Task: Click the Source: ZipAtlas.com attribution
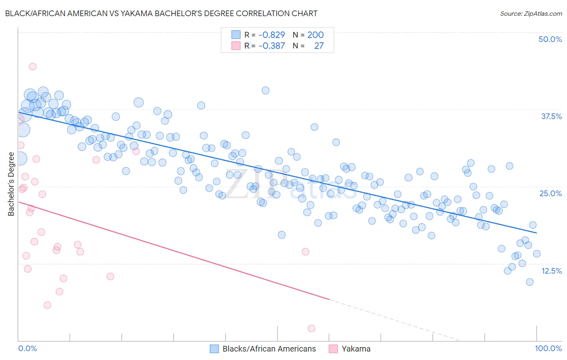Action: coord(531,13)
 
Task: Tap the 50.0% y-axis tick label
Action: coord(550,39)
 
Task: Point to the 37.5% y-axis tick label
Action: coord(551,116)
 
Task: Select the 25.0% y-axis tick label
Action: coord(550,193)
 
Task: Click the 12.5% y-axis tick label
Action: coord(551,271)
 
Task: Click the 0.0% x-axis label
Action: coord(27,348)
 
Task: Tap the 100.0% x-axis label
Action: coord(548,348)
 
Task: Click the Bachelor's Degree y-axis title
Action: coord(11,184)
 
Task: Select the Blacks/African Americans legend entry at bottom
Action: coord(269,349)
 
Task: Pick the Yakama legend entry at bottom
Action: coord(356,349)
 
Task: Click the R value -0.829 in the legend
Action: coord(271,35)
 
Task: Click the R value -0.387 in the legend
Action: coord(271,46)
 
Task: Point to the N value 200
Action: coord(315,35)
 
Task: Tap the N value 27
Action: coord(319,46)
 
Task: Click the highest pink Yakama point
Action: coord(33,67)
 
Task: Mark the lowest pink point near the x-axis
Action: coord(311,329)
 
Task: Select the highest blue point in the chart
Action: coord(265,90)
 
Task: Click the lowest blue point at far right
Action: coord(530,282)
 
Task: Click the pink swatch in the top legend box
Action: coord(236,46)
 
